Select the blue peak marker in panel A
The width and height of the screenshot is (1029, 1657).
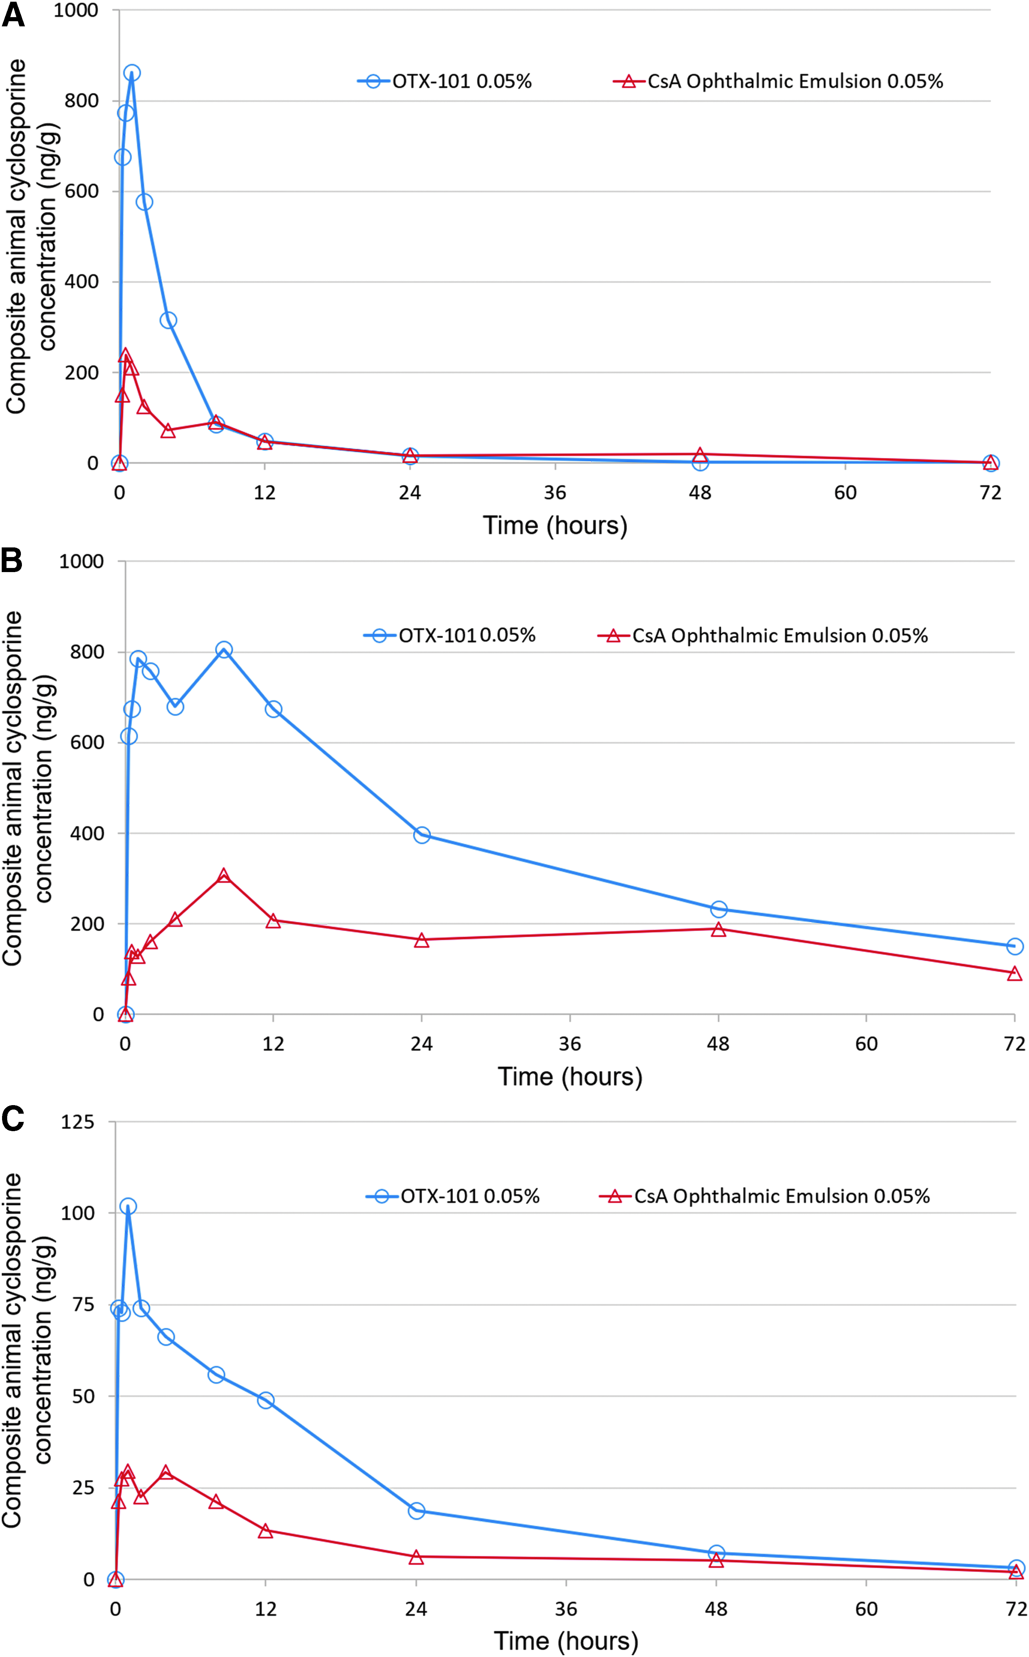132,73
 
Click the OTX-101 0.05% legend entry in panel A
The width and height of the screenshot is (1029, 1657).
444,81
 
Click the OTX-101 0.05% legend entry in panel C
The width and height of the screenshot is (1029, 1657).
453,1197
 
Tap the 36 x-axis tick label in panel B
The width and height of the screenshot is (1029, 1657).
569,1044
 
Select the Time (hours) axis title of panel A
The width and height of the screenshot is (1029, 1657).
555,526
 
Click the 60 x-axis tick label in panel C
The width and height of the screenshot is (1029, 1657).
866,1609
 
